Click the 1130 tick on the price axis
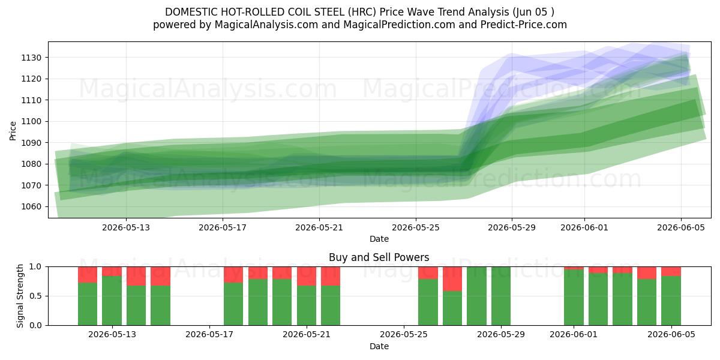(x=31, y=58)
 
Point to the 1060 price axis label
(x=31, y=206)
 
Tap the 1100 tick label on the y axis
(x=31, y=121)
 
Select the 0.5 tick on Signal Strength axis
(x=35, y=296)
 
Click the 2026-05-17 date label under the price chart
(x=223, y=227)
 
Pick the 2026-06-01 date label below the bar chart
(x=574, y=335)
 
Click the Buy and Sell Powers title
(x=379, y=257)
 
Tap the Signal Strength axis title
(x=20, y=296)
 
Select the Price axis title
(x=13, y=131)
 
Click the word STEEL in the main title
(x=328, y=12)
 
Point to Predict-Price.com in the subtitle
(x=524, y=25)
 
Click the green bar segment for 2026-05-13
(x=112, y=301)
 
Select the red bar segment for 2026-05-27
(x=452, y=279)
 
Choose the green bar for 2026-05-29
(x=501, y=296)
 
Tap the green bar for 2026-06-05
(x=671, y=301)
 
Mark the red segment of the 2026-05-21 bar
(x=307, y=276)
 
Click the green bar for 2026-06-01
(x=574, y=298)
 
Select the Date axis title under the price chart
(x=379, y=239)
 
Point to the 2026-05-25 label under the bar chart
(x=404, y=335)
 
